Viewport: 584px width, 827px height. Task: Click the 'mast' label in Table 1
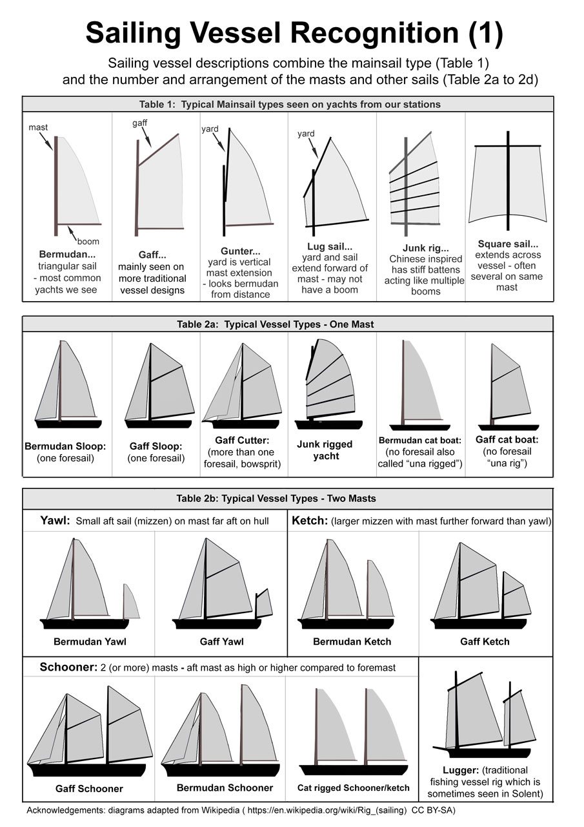tap(38, 128)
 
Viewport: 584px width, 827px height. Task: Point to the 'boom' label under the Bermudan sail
tap(88, 242)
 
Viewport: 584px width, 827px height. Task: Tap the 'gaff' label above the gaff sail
tap(140, 122)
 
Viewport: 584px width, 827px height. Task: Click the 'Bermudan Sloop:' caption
tap(65, 446)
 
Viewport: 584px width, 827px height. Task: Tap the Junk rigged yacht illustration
tap(328, 384)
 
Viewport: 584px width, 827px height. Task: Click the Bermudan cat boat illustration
tap(419, 384)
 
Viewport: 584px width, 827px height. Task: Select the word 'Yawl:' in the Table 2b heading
tap(54, 521)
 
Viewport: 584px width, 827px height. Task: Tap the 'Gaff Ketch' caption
tap(485, 642)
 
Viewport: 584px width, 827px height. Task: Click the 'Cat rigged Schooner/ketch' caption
tap(353, 788)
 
